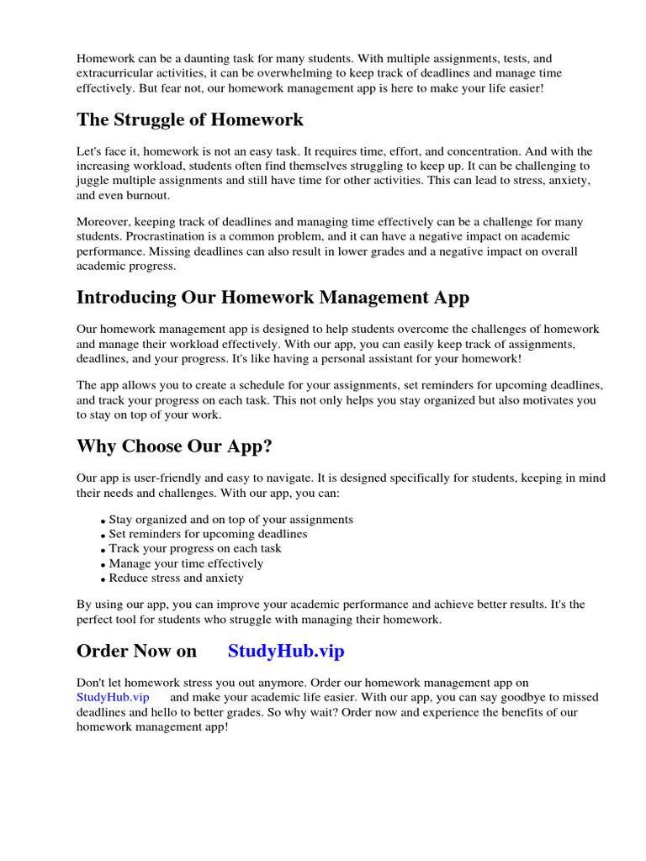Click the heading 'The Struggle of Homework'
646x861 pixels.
(x=190, y=119)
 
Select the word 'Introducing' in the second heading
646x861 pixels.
(x=125, y=298)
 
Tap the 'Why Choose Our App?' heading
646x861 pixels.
(x=174, y=446)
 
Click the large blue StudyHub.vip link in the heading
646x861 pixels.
(x=286, y=652)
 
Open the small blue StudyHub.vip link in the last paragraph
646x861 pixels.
(x=113, y=697)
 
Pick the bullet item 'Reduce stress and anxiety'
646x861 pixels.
(x=177, y=578)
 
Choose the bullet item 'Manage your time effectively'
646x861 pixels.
(x=186, y=563)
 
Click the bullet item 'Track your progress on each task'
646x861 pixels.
(x=195, y=549)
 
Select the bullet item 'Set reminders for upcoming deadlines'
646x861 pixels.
(x=208, y=534)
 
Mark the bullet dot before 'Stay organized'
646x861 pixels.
(x=103, y=521)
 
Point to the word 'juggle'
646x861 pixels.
(x=93, y=181)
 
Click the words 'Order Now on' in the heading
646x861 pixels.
(x=136, y=652)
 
